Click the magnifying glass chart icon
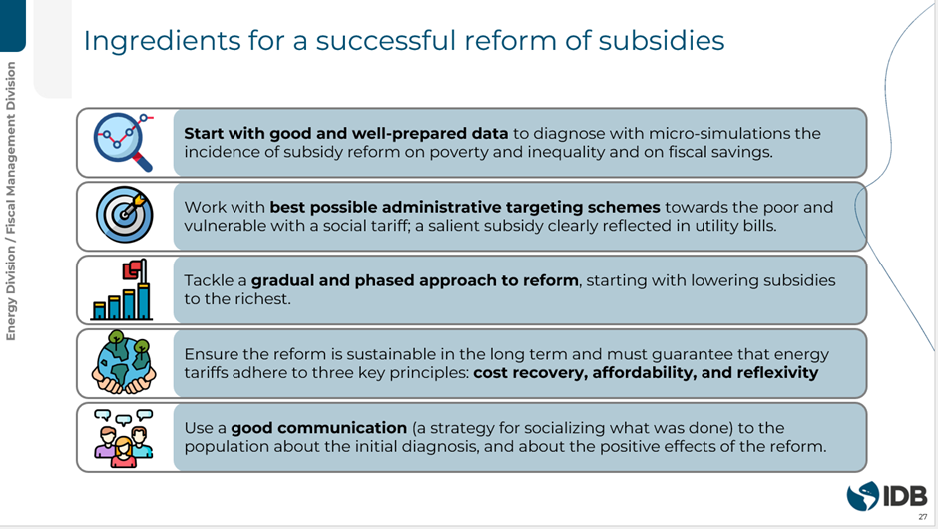click(123, 142)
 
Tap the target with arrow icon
click(125, 215)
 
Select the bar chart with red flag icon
click(122, 289)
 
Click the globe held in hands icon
click(124, 362)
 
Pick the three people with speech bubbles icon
click(124, 438)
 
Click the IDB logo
click(887, 496)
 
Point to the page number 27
click(923, 517)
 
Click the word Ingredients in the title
click(162, 41)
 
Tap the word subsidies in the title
click(662, 40)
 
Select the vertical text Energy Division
click(11, 298)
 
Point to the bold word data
click(489, 133)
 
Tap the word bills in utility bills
click(759, 226)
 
